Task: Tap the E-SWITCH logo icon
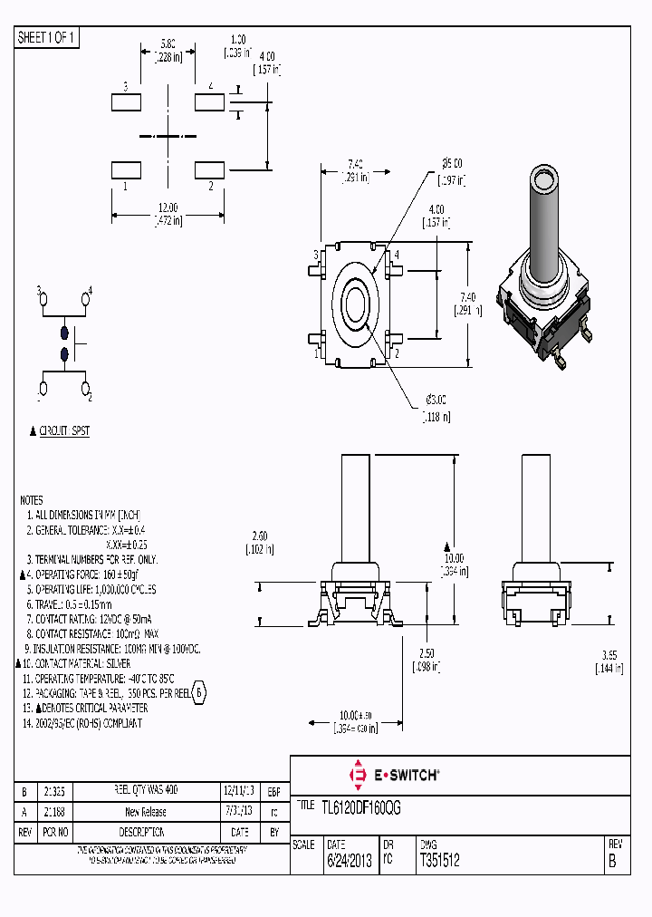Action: click(357, 775)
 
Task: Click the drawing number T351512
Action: click(439, 862)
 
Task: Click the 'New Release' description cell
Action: click(145, 812)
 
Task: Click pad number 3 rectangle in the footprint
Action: click(126, 101)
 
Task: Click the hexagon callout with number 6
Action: click(199, 693)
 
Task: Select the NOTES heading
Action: click(31, 500)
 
